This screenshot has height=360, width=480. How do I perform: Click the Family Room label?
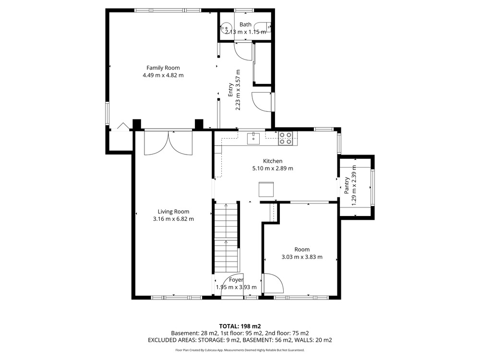[163, 68]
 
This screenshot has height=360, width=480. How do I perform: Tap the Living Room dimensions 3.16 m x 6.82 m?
[173, 219]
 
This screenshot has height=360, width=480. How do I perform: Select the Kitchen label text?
[273, 161]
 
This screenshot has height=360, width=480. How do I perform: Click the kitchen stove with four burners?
[285, 138]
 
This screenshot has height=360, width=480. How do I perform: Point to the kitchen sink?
[253, 138]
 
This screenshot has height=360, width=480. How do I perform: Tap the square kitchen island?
[266, 189]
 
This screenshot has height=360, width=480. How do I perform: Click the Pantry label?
[347, 185]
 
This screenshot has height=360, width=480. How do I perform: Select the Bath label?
[245, 24]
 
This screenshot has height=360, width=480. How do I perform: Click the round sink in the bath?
[226, 27]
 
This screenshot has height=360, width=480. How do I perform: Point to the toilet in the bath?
[263, 27]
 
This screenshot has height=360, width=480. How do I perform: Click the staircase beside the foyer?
[226, 237]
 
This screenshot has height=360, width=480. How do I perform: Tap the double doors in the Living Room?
[168, 143]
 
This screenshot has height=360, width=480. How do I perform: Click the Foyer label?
[236, 279]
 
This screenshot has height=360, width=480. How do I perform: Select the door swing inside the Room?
[274, 284]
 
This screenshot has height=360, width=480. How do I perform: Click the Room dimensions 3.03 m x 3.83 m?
[302, 257]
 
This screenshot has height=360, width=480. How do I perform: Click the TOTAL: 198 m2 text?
[240, 326]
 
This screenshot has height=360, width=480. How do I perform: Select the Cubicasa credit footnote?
[240, 350]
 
